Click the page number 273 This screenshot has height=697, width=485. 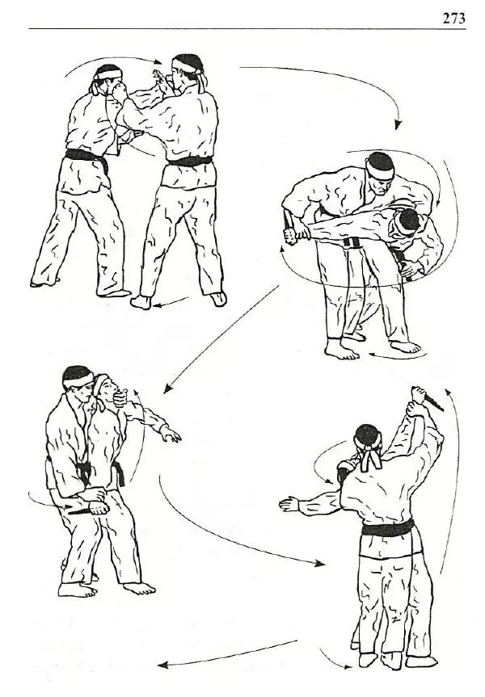[x=453, y=19]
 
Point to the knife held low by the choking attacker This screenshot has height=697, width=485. [x=78, y=510]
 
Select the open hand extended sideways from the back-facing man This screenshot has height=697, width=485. [x=289, y=505]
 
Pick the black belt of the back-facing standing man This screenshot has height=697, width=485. [x=388, y=528]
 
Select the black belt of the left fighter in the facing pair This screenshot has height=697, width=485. [x=87, y=160]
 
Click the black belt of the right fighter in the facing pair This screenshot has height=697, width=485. [x=190, y=161]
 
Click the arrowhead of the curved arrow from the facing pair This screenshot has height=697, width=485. [x=398, y=124]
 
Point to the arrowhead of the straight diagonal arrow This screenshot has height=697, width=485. [x=167, y=388]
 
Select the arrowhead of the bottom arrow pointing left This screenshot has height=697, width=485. [x=162, y=666]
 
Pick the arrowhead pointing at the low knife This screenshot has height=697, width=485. [x=68, y=506]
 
